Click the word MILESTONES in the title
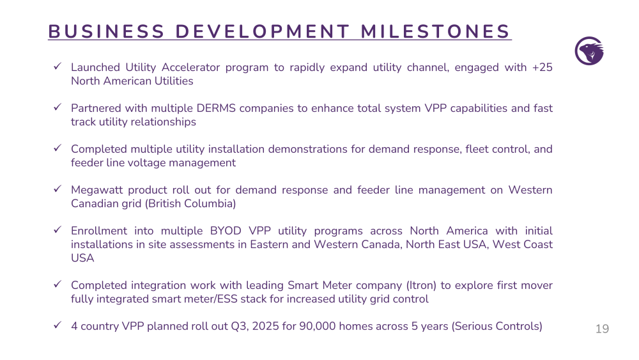(435, 32)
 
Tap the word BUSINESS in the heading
(106, 32)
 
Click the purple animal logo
(589, 51)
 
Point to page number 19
(602, 329)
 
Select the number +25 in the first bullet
(542, 67)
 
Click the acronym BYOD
(226, 231)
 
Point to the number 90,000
(318, 326)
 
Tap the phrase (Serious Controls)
(497, 326)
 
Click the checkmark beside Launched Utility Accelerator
(58, 66)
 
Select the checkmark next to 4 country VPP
(58, 325)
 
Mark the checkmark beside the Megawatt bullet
(58, 189)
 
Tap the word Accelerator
(190, 67)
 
